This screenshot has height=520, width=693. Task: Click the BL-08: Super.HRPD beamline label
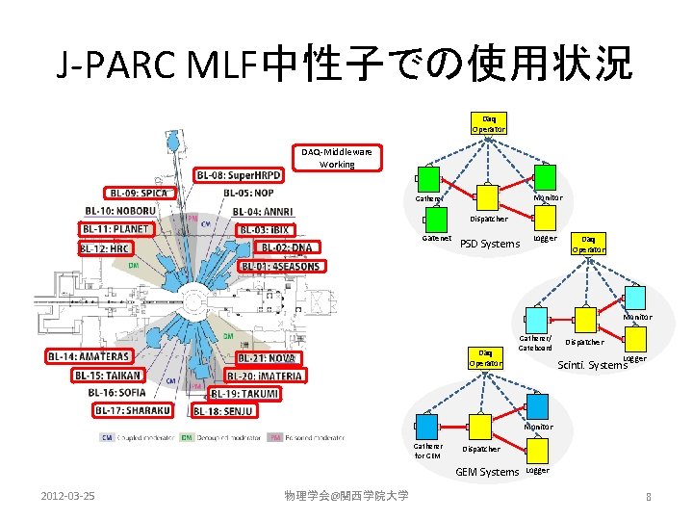pos(239,174)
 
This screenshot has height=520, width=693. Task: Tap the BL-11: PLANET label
pos(115,229)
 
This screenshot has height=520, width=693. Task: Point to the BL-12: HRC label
pos(106,247)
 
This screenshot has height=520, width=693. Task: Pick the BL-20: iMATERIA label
pos(265,375)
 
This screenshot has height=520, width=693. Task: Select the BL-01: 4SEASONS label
pos(280,266)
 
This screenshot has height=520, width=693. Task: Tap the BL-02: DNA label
pos(288,247)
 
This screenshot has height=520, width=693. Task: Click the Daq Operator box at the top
pos(488,123)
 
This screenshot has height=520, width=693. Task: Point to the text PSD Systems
pos(490,244)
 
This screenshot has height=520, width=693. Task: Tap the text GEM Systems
pos(486,472)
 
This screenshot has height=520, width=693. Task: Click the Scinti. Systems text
pos(593,364)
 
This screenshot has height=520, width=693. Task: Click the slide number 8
pos(649,496)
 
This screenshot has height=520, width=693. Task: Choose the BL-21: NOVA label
pos(267,357)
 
